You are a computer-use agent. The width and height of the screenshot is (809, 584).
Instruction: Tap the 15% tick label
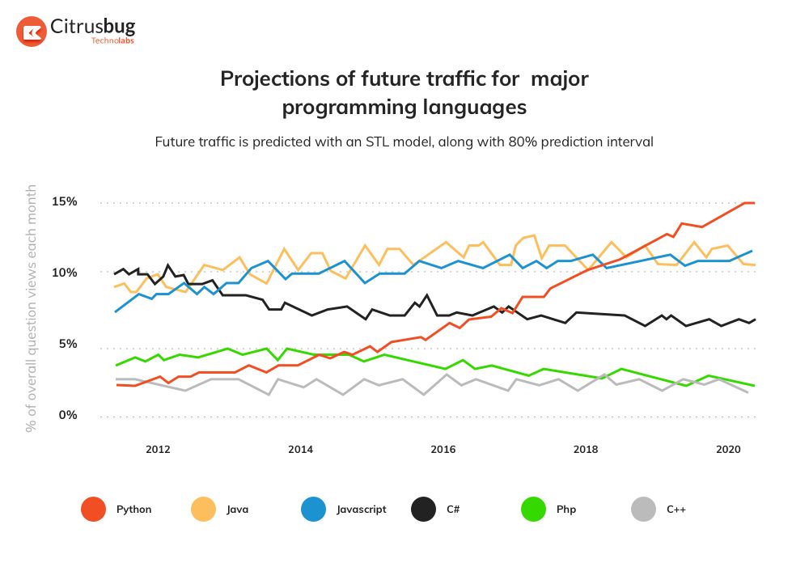point(65,201)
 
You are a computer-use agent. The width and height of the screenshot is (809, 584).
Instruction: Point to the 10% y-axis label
point(65,273)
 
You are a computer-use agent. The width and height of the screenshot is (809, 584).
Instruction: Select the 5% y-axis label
point(68,344)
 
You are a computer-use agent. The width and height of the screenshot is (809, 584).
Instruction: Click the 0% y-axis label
point(68,415)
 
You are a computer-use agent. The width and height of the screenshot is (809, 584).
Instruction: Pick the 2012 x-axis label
point(158,449)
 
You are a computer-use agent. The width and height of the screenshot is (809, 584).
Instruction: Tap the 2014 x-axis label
point(300,449)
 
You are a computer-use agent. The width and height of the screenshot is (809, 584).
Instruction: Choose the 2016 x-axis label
point(443,449)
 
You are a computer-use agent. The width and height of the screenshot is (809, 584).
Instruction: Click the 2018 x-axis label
point(586,449)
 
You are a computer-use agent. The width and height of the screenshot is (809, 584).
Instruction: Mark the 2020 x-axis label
point(728,449)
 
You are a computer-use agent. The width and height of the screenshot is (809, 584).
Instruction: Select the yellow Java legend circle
point(203,510)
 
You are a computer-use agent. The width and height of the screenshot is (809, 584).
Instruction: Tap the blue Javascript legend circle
point(313,510)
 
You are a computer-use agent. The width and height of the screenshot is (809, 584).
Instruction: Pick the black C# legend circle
point(423,510)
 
